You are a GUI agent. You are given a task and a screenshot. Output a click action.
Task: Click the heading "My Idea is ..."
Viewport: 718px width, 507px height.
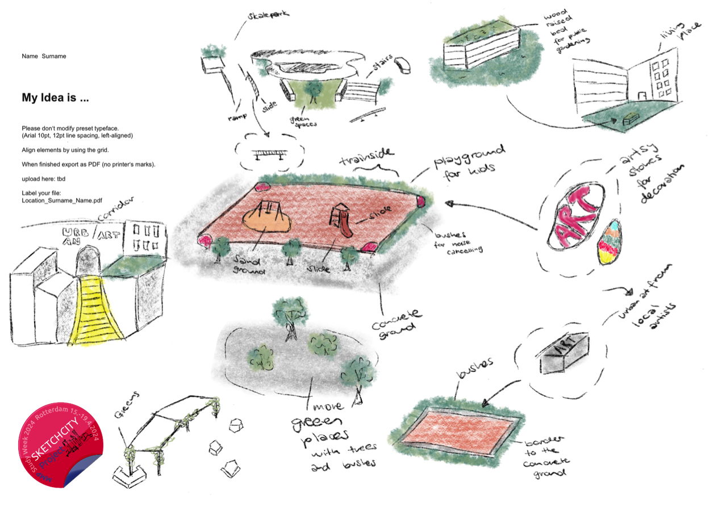[55, 98]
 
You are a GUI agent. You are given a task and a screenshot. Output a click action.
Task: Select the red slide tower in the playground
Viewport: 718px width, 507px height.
[340, 219]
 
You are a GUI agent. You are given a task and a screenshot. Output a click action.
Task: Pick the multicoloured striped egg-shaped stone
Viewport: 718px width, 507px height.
[609, 242]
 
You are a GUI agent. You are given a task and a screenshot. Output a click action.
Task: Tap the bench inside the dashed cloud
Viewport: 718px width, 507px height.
[270, 154]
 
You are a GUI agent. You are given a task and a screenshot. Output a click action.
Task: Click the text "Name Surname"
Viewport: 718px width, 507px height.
[44, 56]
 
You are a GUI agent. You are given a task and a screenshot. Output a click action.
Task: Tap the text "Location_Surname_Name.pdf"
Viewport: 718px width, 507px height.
[62, 200]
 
